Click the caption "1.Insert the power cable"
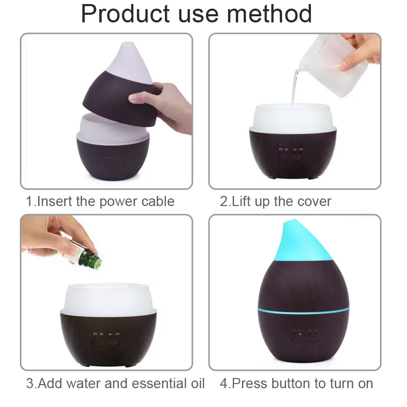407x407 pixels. coord(100,201)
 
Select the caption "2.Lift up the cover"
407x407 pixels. coord(275,201)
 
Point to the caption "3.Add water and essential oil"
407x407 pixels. coord(115,383)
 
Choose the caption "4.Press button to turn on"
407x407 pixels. coord(297,383)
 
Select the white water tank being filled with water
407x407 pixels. coord(295,118)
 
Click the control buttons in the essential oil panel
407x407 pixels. coord(106,340)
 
